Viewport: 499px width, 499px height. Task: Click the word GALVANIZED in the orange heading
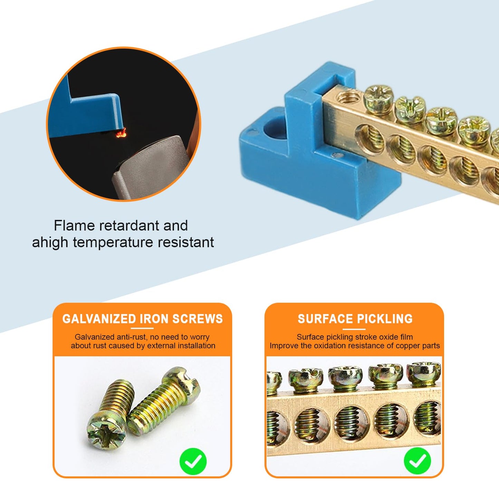(x=99, y=319)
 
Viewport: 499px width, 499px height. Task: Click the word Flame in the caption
(x=74, y=225)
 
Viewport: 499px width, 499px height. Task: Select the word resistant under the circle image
(x=186, y=242)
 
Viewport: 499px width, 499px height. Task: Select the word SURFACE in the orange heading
(x=325, y=319)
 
